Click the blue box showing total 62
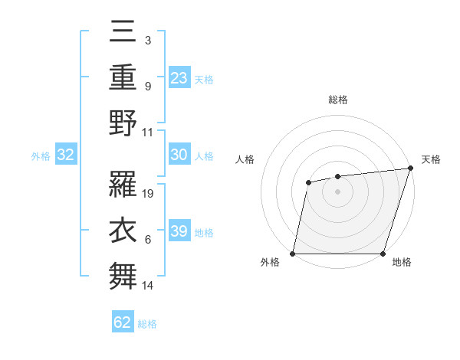tap(123, 322)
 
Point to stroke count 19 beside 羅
tap(149, 194)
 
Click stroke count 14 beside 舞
tap(149, 286)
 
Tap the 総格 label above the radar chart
tap(337, 100)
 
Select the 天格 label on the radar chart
tap(431, 159)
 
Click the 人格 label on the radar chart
tap(245, 159)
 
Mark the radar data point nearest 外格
tap(293, 254)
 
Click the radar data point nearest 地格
tap(383, 254)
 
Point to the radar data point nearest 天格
tap(410, 169)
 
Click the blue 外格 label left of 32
tap(41, 156)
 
